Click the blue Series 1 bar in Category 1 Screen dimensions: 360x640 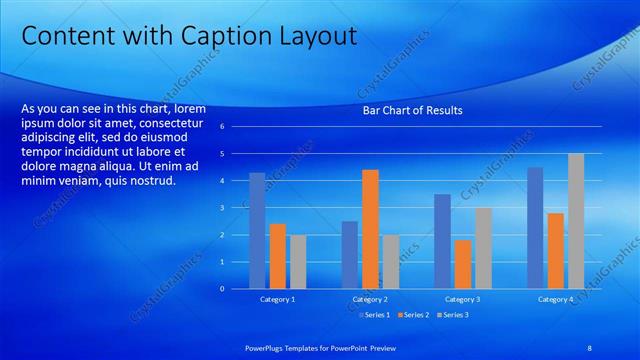(257, 231)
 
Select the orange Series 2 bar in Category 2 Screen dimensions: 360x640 (370, 229)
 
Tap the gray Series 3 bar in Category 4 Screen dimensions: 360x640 (576, 221)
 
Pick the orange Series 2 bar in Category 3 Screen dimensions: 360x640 (463, 264)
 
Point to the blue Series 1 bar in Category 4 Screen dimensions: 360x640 (535, 228)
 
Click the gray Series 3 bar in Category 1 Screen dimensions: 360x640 (298, 262)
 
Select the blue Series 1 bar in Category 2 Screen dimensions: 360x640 (349, 255)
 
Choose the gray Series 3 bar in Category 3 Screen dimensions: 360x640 (483, 248)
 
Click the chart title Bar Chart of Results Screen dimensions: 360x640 (412, 111)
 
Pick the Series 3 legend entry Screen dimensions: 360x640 (452, 315)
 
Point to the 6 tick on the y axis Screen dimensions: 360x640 (235, 127)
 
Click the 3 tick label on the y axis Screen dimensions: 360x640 (235, 208)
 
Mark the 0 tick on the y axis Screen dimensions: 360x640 (235, 289)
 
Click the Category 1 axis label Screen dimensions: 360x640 (278, 300)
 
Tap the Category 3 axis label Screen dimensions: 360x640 (462, 300)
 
